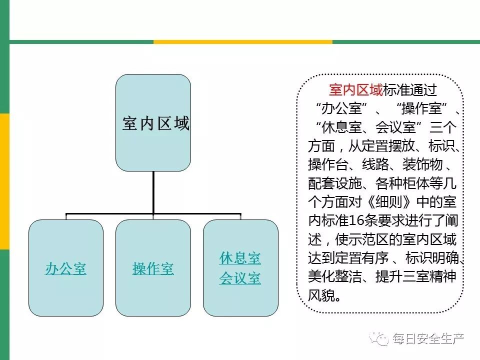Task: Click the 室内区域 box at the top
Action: coord(153,123)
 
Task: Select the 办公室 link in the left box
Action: coord(65,269)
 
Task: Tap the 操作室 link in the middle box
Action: coord(153,269)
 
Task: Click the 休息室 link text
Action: coord(240,258)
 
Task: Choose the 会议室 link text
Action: coord(240,278)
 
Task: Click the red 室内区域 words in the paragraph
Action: coord(356,90)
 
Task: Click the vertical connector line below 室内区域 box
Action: coord(153,192)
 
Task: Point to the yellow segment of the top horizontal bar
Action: coord(242,42)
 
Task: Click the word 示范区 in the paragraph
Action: coord(370,239)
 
